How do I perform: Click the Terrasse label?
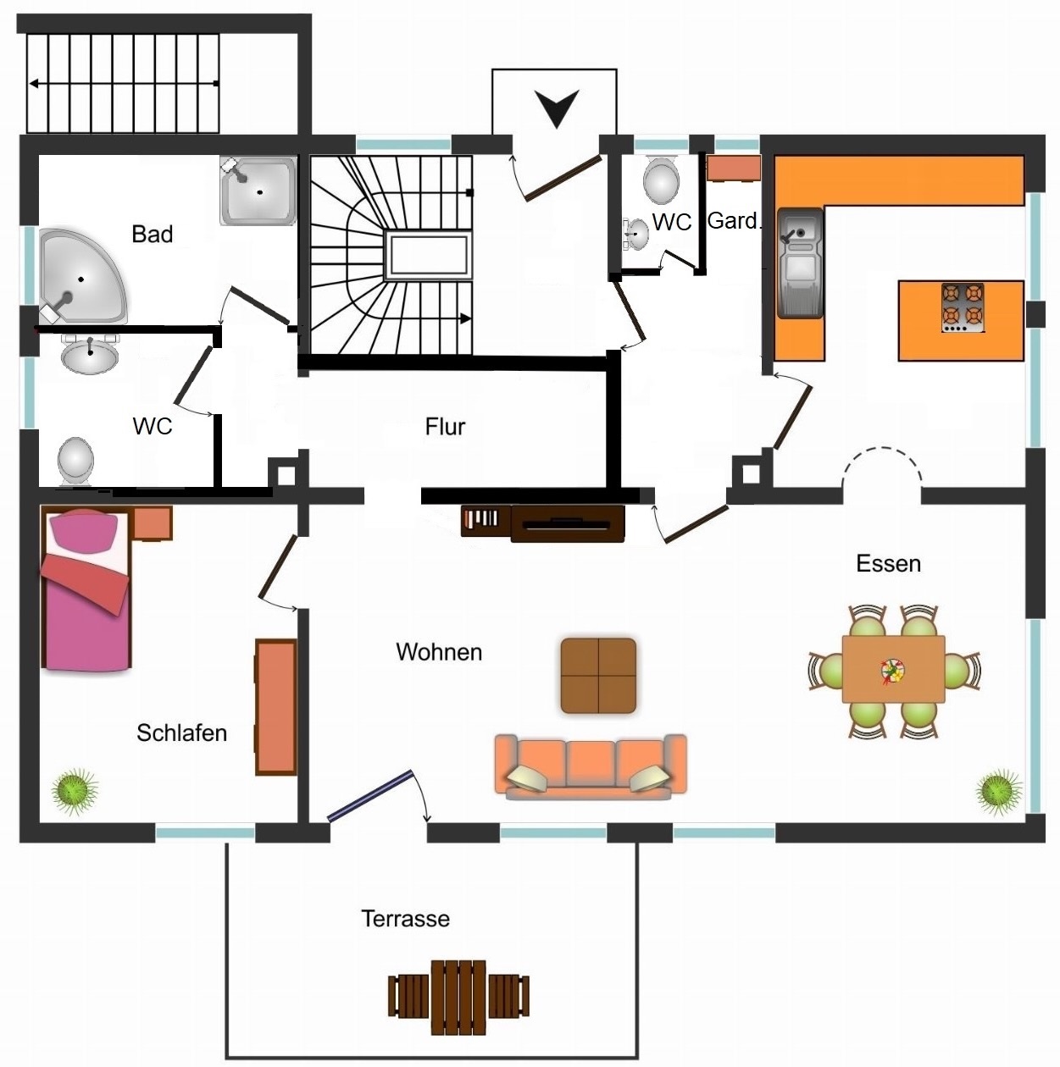click(x=405, y=919)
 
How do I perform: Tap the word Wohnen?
click(x=439, y=652)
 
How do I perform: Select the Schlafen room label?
click(x=181, y=733)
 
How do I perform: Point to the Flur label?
click(x=445, y=426)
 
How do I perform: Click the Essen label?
click(x=888, y=563)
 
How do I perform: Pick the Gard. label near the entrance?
click(x=734, y=221)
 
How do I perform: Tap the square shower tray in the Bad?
click(x=258, y=191)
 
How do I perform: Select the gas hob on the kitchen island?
click(x=963, y=308)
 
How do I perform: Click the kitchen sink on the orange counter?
click(x=800, y=263)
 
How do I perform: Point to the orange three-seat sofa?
click(x=591, y=767)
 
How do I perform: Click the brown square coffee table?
click(x=598, y=676)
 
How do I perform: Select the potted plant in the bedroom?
click(x=75, y=791)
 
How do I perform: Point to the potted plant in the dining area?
click(x=998, y=792)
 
